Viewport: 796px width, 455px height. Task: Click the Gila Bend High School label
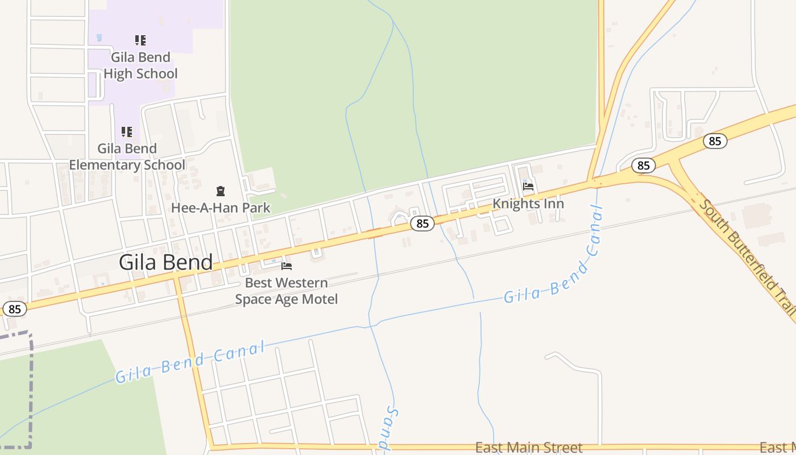140,65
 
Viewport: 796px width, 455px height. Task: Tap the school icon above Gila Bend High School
140,40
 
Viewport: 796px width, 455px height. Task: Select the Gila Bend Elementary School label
127,156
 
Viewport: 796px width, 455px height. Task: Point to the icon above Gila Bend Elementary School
127,132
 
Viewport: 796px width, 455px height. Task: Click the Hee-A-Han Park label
221,208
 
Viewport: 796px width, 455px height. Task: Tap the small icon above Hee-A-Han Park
221,191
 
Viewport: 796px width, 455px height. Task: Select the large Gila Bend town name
165,262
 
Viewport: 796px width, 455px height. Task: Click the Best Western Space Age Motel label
287,291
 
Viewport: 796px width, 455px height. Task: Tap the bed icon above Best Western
287,266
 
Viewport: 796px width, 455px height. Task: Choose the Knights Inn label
528,204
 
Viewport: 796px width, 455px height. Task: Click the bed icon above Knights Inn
528,186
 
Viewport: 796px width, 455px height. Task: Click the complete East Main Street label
529,448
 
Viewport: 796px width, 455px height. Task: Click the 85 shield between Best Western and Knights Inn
422,224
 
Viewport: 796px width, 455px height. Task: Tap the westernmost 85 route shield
15,309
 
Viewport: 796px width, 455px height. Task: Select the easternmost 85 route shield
715,140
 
